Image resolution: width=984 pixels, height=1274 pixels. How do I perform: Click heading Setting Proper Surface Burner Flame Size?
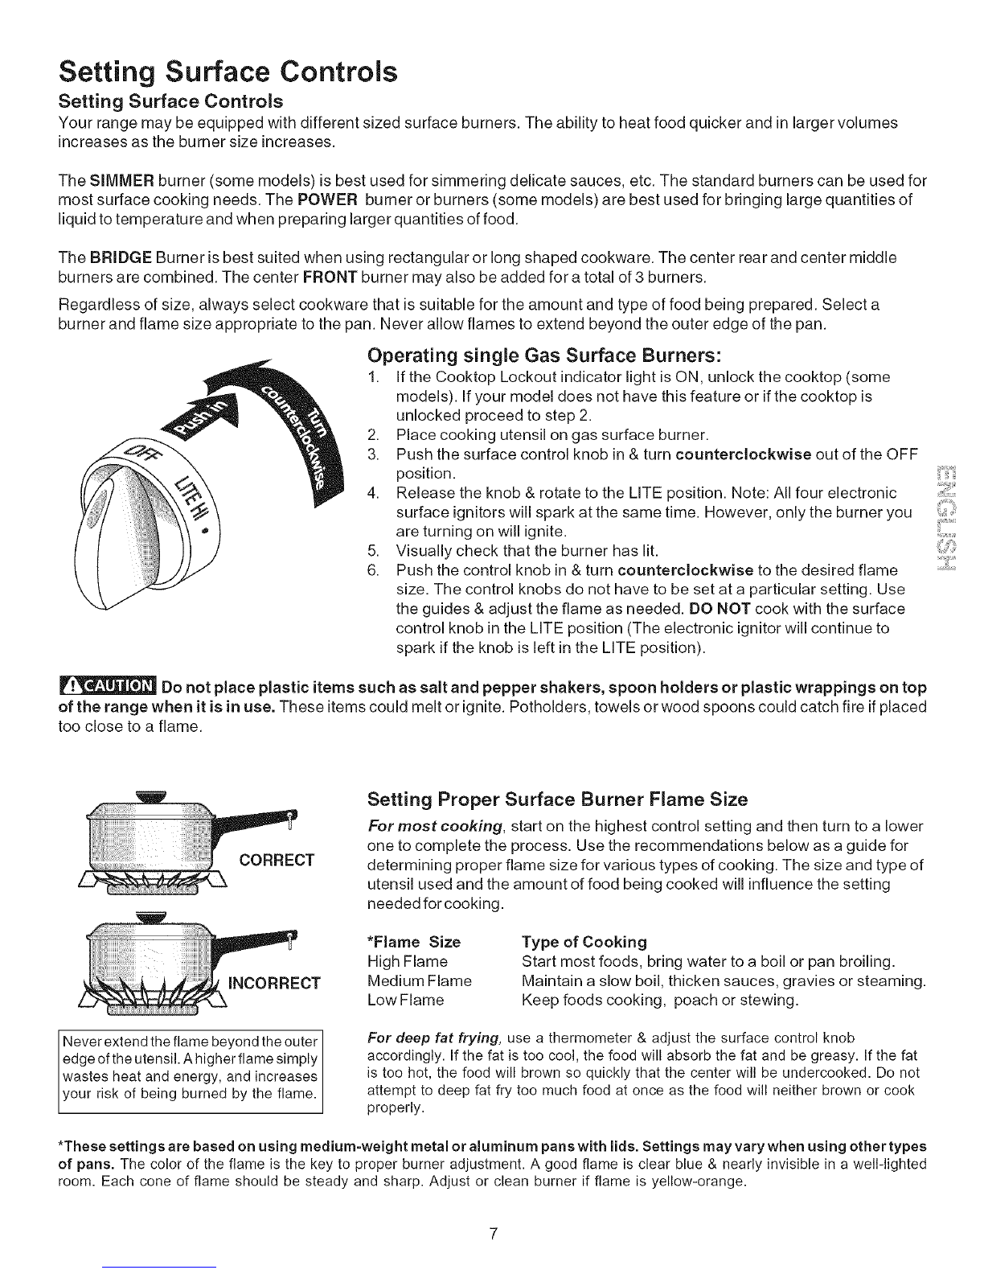[x=557, y=799]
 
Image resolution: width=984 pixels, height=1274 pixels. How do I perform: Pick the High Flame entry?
[x=407, y=962]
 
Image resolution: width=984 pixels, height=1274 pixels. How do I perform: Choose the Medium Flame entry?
[x=419, y=981]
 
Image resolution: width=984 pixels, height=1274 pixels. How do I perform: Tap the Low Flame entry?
[x=405, y=1001]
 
